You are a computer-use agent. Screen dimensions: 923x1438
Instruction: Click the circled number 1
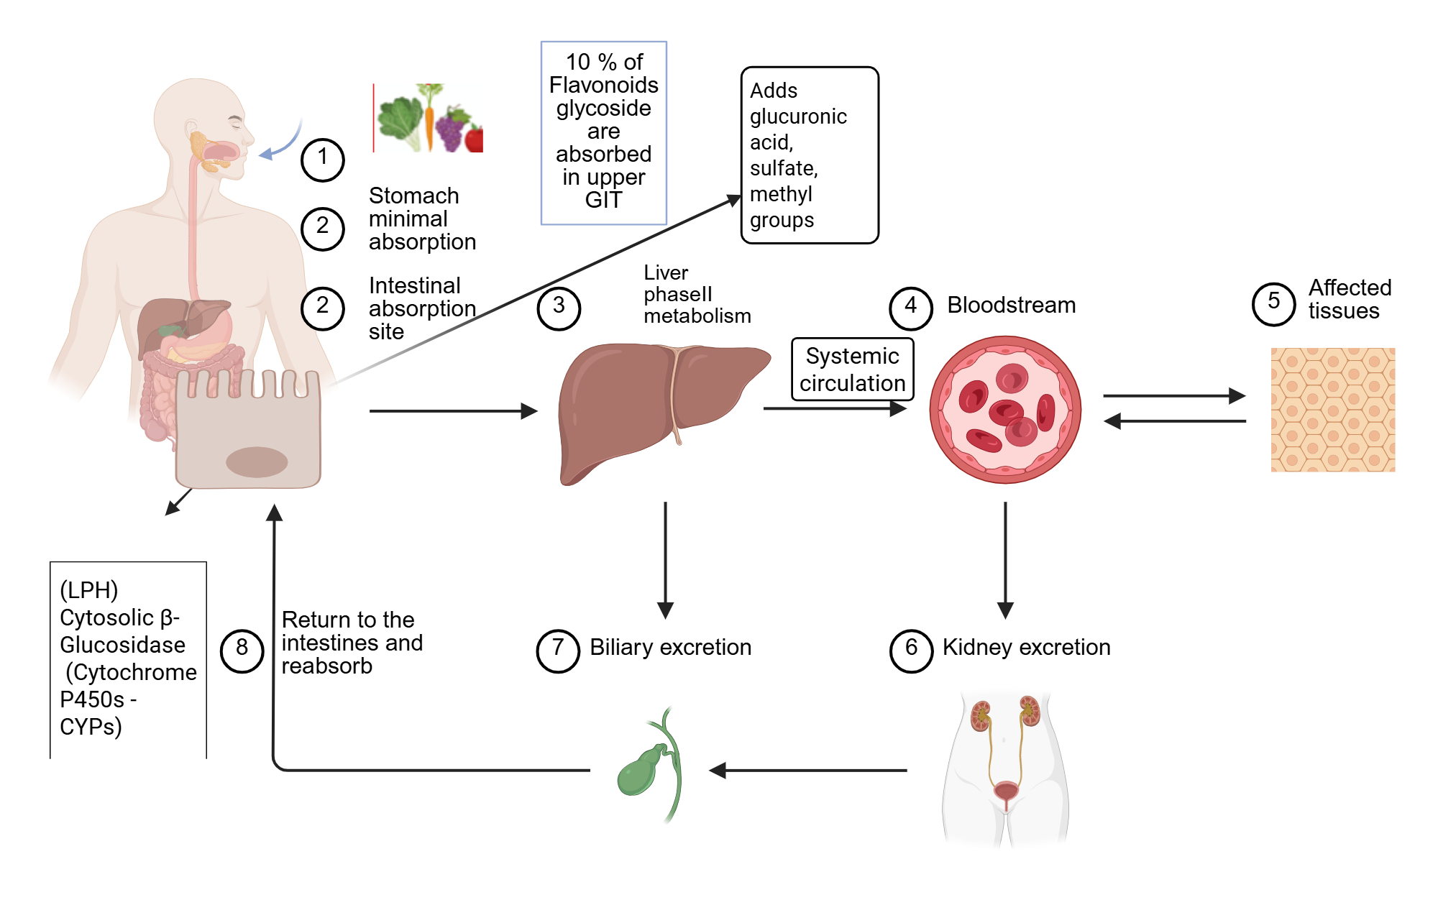click(322, 159)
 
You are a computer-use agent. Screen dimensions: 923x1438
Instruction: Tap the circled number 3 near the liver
click(559, 308)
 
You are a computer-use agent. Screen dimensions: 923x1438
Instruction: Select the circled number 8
click(242, 650)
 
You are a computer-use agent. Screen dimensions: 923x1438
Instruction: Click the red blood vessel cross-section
click(1005, 410)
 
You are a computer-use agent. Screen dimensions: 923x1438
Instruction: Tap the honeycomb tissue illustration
click(1332, 410)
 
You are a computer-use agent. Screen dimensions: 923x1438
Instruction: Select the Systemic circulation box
click(852, 369)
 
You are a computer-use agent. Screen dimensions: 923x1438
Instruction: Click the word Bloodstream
click(1011, 306)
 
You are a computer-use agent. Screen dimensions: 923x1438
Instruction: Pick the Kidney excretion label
click(1026, 648)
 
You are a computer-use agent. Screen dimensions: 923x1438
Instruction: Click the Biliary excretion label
click(670, 648)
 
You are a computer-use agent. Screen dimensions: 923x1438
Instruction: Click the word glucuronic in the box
click(798, 116)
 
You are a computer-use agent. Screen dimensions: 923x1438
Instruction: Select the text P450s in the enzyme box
click(92, 699)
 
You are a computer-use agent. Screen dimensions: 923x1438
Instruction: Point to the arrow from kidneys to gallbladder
click(809, 771)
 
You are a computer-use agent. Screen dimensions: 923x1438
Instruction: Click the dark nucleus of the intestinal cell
click(257, 462)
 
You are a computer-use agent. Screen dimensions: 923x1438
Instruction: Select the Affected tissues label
click(1349, 299)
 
